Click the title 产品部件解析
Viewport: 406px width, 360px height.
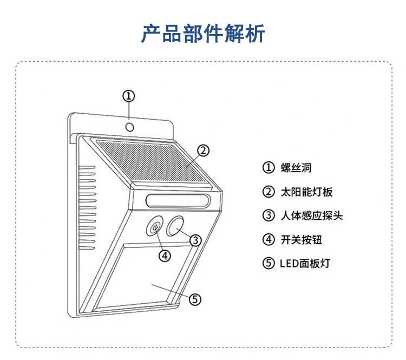[203, 34]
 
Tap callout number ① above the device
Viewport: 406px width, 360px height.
[128, 96]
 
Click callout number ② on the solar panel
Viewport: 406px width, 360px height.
[202, 150]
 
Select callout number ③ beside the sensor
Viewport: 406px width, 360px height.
[196, 239]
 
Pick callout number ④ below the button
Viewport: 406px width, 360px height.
[165, 255]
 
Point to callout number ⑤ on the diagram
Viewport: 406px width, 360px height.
[195, 299]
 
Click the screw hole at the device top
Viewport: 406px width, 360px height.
[130, 127]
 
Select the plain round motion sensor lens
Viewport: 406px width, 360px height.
[175, 226]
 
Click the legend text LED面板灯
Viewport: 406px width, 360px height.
[304, 264]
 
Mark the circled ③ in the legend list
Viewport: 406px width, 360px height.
[269, 215]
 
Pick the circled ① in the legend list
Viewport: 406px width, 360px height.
[269, 167]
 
